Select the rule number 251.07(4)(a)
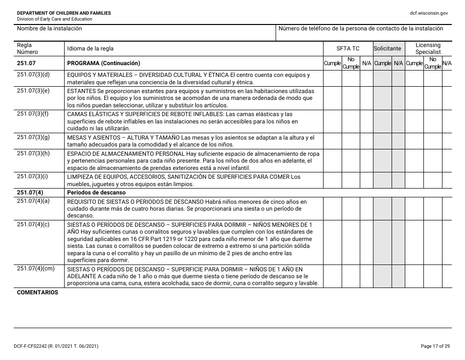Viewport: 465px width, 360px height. point(33,201)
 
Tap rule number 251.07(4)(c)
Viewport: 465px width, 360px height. point(33,224)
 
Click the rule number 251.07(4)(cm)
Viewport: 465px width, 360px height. point(36,268)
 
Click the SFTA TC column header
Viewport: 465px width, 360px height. point(348,48)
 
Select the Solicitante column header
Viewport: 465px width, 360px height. point(388,48)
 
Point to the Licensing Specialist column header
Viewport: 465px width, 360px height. point(428,48)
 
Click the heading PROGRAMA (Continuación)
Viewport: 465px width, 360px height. point(103,63)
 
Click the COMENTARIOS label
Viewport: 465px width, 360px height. point(37,292)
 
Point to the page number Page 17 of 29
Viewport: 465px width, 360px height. point(435,346)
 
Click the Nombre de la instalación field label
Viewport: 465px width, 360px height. point(49,28)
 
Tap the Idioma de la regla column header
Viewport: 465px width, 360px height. point(90,48)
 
